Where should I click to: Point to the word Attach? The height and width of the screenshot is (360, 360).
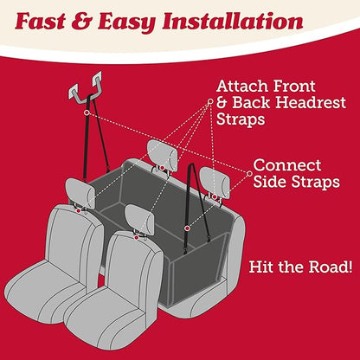point(244,87)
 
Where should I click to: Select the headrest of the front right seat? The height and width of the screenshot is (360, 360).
point(138,218)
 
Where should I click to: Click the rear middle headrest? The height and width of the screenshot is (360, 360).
point(162,153)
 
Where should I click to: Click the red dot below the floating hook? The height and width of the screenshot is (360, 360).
point(86,112)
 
